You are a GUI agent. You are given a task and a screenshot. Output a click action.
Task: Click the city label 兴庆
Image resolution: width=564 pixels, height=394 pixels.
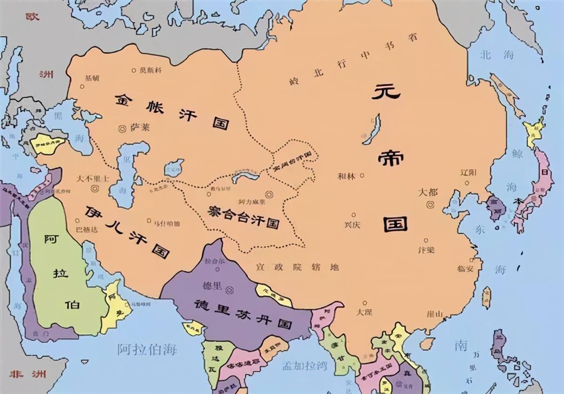coord(352,225)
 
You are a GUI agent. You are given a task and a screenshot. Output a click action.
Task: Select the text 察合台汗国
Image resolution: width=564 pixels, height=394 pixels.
coord(244,216)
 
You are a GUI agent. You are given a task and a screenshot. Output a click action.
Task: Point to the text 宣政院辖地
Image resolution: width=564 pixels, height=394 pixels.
coord(297,268)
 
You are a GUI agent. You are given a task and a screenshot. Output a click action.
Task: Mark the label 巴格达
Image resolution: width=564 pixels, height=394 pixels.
coord(86,230)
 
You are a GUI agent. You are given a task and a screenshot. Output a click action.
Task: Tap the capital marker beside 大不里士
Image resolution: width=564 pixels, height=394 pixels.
coord(94,188)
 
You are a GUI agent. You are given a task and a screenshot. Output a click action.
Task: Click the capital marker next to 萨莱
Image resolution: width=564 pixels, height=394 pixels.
coord(122,128)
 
